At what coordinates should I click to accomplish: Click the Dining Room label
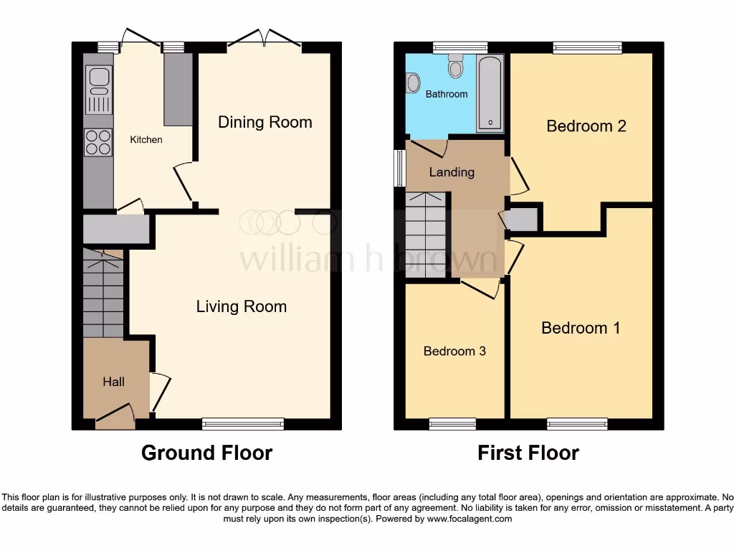tap(264, 122)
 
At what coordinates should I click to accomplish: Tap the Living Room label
tap(242, 307)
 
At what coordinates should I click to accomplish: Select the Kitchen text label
tap(146, 140)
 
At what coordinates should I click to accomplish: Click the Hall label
tap(113, 382)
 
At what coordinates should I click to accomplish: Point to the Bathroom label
tap(446, 94)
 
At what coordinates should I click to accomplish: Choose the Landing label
tap(452, 172)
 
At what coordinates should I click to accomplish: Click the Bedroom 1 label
tap(581, 328)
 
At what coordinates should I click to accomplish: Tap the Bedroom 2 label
tap(586, 126)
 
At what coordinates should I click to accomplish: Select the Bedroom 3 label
tap(454, 351)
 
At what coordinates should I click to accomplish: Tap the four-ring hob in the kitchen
tap(98, 141)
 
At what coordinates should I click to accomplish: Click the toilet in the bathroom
tap(455, 68)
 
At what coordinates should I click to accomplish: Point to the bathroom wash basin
tap(412, 84)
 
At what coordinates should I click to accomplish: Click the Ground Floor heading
tap(206, 453)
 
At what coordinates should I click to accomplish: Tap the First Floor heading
tap(528, 453)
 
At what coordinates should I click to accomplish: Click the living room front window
tap(243, 424)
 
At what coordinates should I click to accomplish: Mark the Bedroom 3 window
tap(452, 424)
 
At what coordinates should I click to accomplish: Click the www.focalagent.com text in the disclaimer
tap(470, 519)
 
